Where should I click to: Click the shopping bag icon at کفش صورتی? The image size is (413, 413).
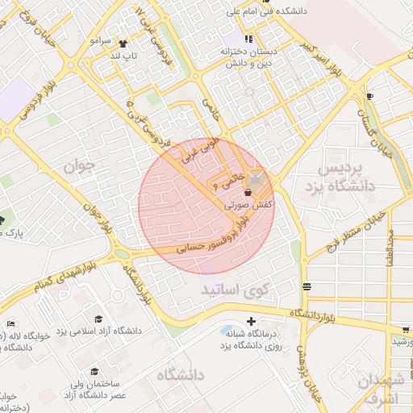point(248,194)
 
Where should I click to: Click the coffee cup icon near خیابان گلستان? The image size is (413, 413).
point(369,96)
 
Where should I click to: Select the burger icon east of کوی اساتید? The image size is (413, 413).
point(307,286)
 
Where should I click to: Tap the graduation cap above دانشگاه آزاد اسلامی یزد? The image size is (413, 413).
point(98,320)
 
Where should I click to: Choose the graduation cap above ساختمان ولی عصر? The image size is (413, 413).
point(94,372)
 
